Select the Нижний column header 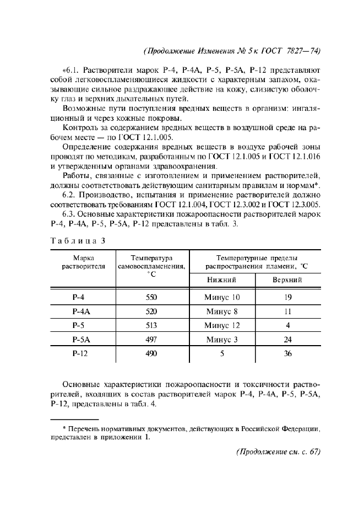click(221, 280)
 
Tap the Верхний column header click(287, 280)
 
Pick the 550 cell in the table click(151, 297)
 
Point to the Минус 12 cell click(222, 325)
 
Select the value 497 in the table click(151, 340)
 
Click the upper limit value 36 click(287, 354)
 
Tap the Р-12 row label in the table click(80, 354)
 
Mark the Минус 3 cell click(222, 340)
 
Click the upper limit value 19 click(287, 297)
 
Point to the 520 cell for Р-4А click(151, 311)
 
